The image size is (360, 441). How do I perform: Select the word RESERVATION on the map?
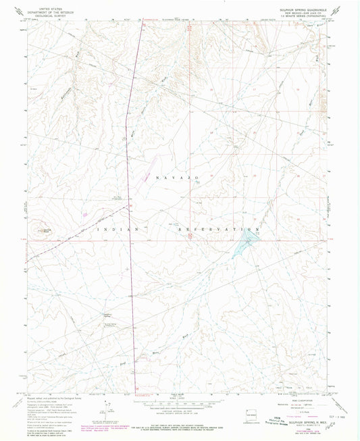tap(214, 230)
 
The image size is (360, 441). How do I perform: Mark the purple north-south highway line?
tap(131, 203)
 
